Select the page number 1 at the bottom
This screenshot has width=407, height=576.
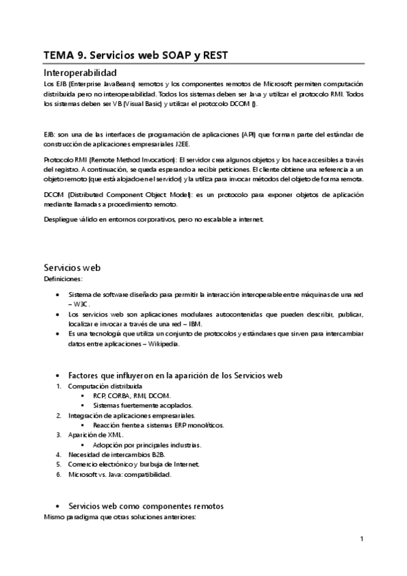[x=362, y=539]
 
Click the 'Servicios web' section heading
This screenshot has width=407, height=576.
[x=73, y=267]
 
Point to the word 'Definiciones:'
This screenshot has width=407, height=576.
[x=63, y=278]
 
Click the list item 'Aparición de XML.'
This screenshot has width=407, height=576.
[x=96, y=435]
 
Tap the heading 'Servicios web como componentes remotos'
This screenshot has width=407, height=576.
[x=146, y=507]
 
